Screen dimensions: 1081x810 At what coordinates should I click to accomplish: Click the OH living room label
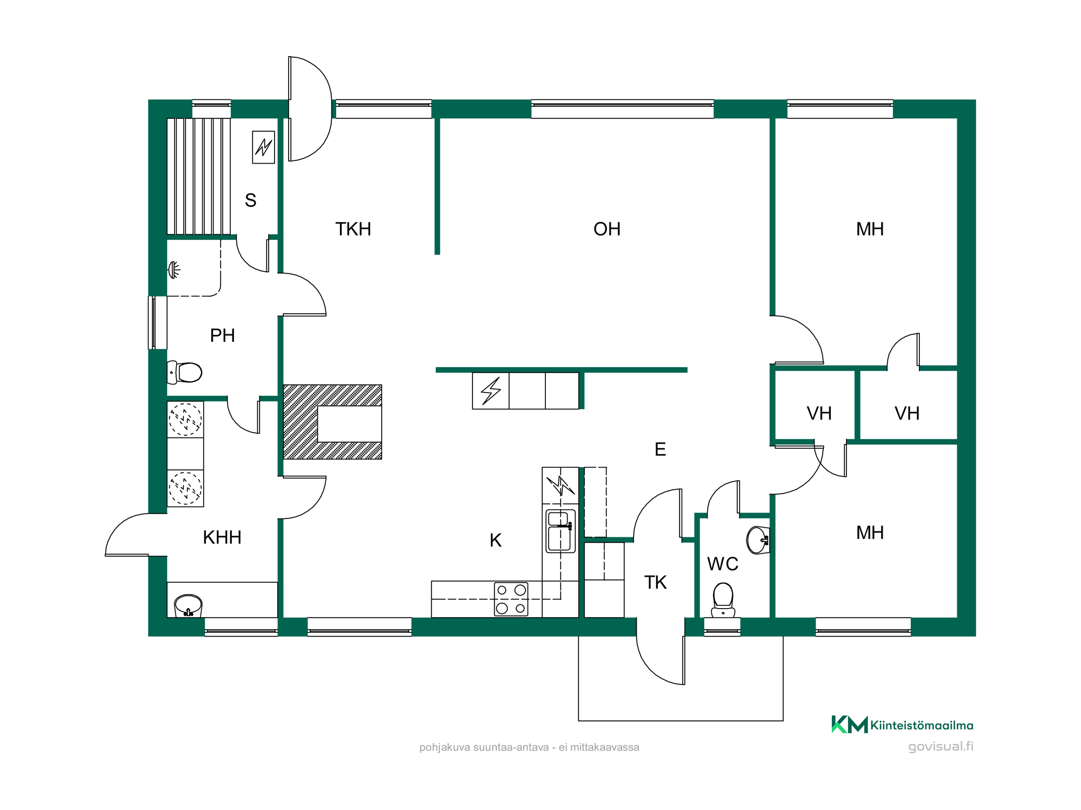point(606,229)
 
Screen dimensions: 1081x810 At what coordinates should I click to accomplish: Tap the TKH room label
point(353,229)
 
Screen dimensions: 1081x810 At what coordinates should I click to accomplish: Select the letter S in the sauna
point(250,200)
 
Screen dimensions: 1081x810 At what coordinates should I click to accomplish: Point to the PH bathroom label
point(222,335)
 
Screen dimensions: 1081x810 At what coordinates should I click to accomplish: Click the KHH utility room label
point(222,537)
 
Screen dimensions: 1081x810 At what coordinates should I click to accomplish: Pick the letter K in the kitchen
point(495,540)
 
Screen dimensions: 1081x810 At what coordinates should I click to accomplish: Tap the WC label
point(723,564)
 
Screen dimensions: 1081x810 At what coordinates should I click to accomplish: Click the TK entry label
point(655,582)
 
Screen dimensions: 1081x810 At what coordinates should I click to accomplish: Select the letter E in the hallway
point(660,449)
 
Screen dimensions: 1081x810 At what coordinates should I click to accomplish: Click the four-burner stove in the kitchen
point(511,599)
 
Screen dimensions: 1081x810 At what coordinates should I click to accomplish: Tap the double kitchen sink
point(560,531)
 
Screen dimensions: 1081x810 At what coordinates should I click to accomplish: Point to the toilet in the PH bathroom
point(184,372)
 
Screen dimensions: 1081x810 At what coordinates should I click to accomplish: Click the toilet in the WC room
point(723,600)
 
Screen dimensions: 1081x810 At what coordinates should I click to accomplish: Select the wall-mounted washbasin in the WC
point(758,540)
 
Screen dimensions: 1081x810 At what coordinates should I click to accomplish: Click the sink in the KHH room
point(188,606)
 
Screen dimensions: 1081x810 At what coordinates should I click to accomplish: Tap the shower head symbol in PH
point(174,269)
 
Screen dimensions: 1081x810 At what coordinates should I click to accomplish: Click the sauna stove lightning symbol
point(264,147)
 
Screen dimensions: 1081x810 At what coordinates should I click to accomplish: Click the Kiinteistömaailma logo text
point(922,725)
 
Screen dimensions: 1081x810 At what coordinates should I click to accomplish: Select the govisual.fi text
point(940,747)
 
